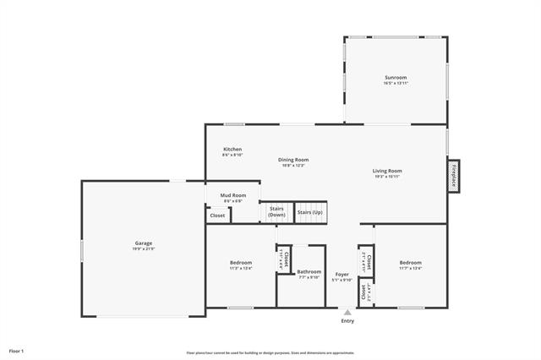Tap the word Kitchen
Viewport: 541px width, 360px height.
(232, 149)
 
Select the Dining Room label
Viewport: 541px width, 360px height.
(293, 160)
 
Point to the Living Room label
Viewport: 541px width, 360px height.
(387, 171)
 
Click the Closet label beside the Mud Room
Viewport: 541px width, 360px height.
(217, 215)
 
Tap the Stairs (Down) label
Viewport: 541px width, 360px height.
(276, 211)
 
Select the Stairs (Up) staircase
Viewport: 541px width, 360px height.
(310, 212)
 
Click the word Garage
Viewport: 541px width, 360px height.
(143, 243)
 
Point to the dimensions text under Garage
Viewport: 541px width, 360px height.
(143, 248)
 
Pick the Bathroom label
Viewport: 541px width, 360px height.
(309, 271)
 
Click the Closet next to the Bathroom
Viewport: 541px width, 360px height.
(286, 258)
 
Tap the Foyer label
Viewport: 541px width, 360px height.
(342, 274)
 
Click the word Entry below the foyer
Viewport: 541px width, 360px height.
(347, 321)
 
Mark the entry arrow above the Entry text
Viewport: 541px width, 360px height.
(347, 312)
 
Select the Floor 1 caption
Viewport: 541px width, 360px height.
(17, 350)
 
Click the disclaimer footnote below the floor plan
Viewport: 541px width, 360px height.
(270, 352)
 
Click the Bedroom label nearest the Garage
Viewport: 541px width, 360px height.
(240, 262)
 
